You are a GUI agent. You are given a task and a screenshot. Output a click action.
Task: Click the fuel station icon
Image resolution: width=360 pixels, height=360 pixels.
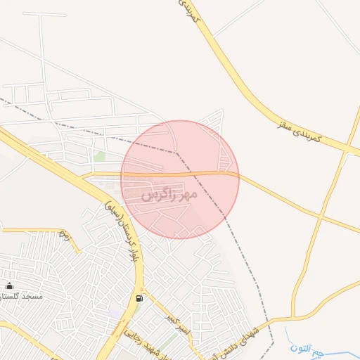pos(139,299)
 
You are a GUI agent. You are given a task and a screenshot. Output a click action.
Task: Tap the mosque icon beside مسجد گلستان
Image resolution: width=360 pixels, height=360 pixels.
pos(9,285)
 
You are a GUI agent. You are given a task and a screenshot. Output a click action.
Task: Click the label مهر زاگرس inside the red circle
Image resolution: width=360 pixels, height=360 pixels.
pos(169,194)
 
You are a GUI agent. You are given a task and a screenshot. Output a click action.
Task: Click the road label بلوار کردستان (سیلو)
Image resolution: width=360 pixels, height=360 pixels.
pos(123,232)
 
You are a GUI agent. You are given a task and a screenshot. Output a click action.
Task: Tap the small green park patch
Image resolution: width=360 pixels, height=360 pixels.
pos(100,157)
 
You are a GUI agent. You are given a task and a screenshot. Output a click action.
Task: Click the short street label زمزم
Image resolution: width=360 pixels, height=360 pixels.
pos(65,233)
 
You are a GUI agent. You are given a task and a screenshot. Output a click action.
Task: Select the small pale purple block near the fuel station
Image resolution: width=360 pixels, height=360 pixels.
pos(115,310)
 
